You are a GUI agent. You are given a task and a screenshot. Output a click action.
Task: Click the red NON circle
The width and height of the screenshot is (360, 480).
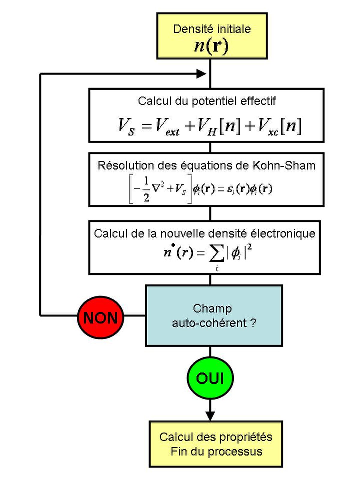[x=100, y=317]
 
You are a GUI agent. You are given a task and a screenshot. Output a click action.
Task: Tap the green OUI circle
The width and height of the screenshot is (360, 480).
[x=210, y=378]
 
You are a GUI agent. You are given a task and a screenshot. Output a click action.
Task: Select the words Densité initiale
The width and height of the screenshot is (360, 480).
[x=212, y=29]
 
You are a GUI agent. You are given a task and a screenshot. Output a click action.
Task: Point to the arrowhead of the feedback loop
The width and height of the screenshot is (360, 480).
[x=201, y=74]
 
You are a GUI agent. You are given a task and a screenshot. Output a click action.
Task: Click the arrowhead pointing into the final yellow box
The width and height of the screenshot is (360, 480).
[x=210, y=416]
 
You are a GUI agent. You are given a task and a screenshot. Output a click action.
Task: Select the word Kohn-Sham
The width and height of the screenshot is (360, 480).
[x=284, y=166]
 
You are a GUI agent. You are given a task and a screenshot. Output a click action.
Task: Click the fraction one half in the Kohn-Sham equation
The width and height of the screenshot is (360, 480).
[x=146, y=189]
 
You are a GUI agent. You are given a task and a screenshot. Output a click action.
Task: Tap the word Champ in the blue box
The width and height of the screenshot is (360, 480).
[x=212, y=309]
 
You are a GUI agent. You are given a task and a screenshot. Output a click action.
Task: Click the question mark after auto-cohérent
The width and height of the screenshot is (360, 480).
[x=253, y=323]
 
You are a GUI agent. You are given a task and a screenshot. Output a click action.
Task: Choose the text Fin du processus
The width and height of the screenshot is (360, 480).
[x=216, y=451]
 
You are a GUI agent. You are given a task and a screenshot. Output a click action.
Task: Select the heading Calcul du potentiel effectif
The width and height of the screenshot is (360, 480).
[x=207, y=101]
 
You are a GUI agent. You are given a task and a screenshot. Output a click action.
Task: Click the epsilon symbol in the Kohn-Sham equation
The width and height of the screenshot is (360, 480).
[x=229, y=189]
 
